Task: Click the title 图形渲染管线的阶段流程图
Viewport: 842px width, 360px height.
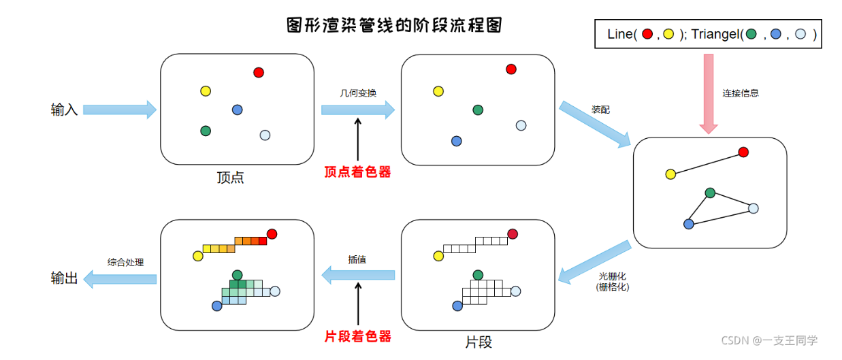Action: (x=395, y=26)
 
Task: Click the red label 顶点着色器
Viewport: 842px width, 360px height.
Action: (x=358, y=172)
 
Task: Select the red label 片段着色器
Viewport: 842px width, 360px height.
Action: (x=358, y=336)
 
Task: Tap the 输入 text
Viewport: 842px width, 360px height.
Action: (x=64, y=110)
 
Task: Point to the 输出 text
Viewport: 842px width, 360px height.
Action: (x=64, y=278)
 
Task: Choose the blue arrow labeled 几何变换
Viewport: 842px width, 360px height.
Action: (x=358, y=110)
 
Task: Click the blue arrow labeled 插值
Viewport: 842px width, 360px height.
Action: (x=358, y=275)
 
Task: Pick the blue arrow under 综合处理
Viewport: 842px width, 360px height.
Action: (x=120, y=278)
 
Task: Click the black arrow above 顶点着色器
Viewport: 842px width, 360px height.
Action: (x=358, y=140)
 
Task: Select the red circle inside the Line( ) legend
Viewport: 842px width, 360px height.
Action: (x=647, y=34)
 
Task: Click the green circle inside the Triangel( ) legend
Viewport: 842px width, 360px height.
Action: (x=751, y=34)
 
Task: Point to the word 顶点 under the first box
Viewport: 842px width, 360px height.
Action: (x=230, y=178)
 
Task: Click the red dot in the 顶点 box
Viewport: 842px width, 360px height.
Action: (x=259, y=72)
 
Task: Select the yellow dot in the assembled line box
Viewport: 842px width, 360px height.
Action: (x=670, y=174)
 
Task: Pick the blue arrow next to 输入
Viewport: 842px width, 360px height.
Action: (x=120, y=110)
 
